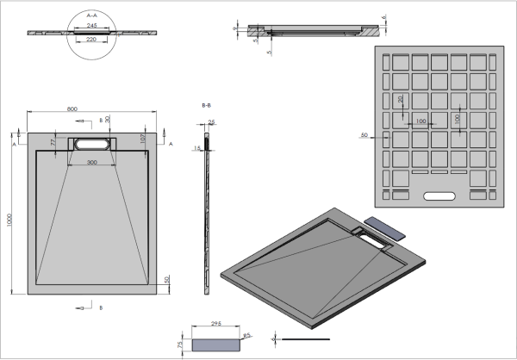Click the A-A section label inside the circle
click(94, 15)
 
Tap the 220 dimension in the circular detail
click(94, 39)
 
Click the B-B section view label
click(207, 105)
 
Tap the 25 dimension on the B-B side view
click(212, 123)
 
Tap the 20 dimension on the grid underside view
click(400, 99)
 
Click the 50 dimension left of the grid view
click(364, 135)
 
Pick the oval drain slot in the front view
click(93, 143)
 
